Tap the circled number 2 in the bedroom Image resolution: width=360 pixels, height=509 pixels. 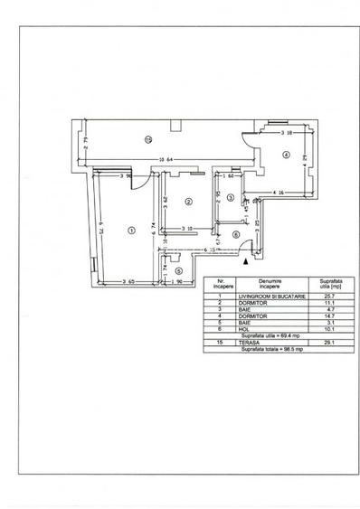[x=187, y=202]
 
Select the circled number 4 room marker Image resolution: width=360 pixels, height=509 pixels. [x=286, y=155]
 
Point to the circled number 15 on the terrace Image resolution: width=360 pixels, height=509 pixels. [x=147, y=138]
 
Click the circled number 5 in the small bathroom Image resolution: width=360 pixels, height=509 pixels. [x=179, y=270]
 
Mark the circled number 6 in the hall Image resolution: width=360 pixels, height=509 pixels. [x=234, y=235]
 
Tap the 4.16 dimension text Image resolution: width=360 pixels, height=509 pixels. [x=280, y=193]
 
